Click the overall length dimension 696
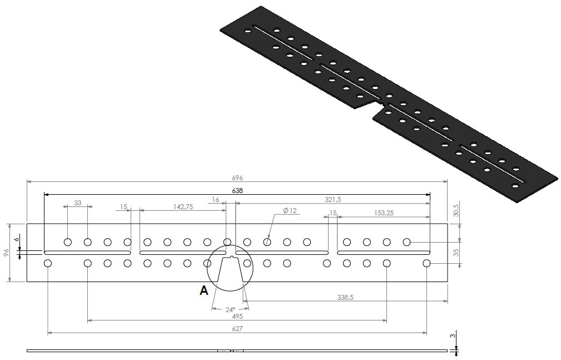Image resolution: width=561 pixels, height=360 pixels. (x=237, y=177)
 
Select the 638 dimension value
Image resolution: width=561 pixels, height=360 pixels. (x=237, y=190)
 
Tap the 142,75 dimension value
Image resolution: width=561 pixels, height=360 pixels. (x=183, y=206)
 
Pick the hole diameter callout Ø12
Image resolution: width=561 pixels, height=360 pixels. (x=290, y=210)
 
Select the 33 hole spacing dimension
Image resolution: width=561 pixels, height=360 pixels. (x=77, y=203)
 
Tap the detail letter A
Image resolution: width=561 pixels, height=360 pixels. (x=203, y=290)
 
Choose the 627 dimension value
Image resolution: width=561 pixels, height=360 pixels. (x=237, y=328)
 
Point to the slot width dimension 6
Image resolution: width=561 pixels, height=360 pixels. (x=17, y=240)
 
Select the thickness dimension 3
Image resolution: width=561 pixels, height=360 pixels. (x=453, y=336)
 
